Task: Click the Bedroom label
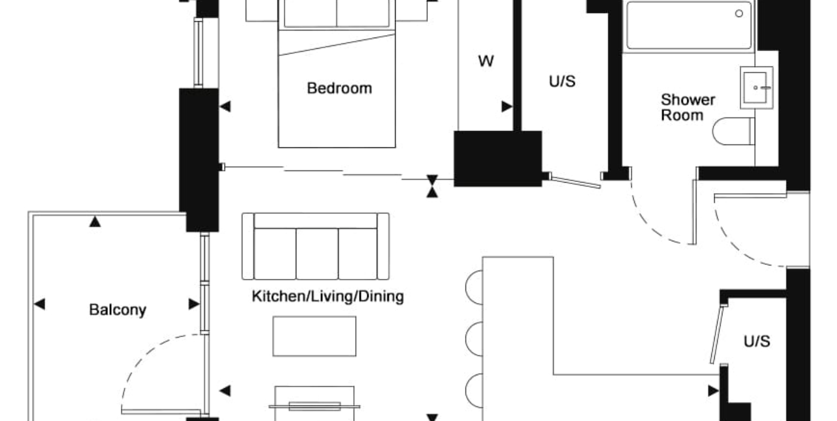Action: [339, 89]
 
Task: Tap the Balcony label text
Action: [118, 310]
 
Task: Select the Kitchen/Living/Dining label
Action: [328, 297]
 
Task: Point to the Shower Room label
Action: [688, 107]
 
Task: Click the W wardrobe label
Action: [486, 61]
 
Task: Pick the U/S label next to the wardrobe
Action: [562, 82]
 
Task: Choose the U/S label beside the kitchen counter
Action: [756, 341]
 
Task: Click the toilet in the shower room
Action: [734, 132]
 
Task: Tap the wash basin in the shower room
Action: [756, 87]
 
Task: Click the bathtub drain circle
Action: [739, 14]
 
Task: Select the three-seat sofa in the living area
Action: [316, 247]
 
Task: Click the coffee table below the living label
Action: [314, 336]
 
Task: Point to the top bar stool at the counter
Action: [474, 287]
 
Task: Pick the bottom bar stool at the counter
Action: [474, 390]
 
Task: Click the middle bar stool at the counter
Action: [474, 339]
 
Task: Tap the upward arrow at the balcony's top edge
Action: [95, 222]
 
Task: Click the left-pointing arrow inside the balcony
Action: [39, 304]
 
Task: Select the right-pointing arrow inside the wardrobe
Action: [507, 107]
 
